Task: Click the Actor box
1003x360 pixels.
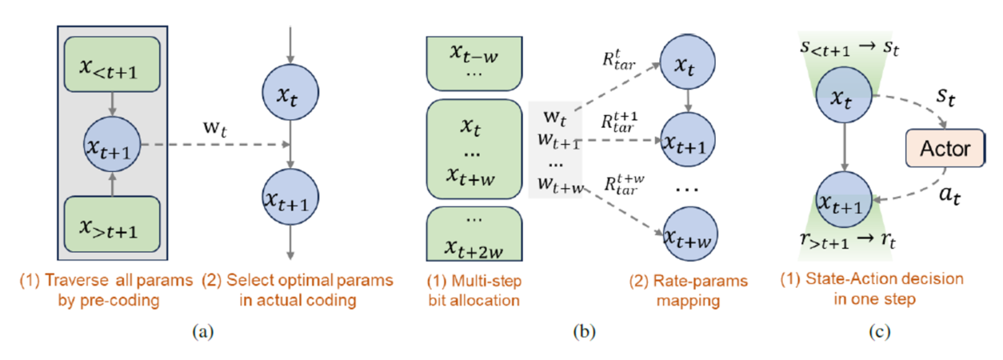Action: coord(945,149)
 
